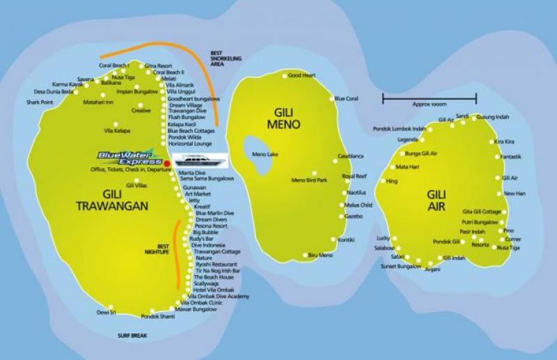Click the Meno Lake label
[264, 154]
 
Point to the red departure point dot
[166, 164]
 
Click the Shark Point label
[40, 102]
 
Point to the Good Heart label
[301, 75]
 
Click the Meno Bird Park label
[309, 181]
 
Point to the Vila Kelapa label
[117, 130]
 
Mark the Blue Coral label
[346, 99]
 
